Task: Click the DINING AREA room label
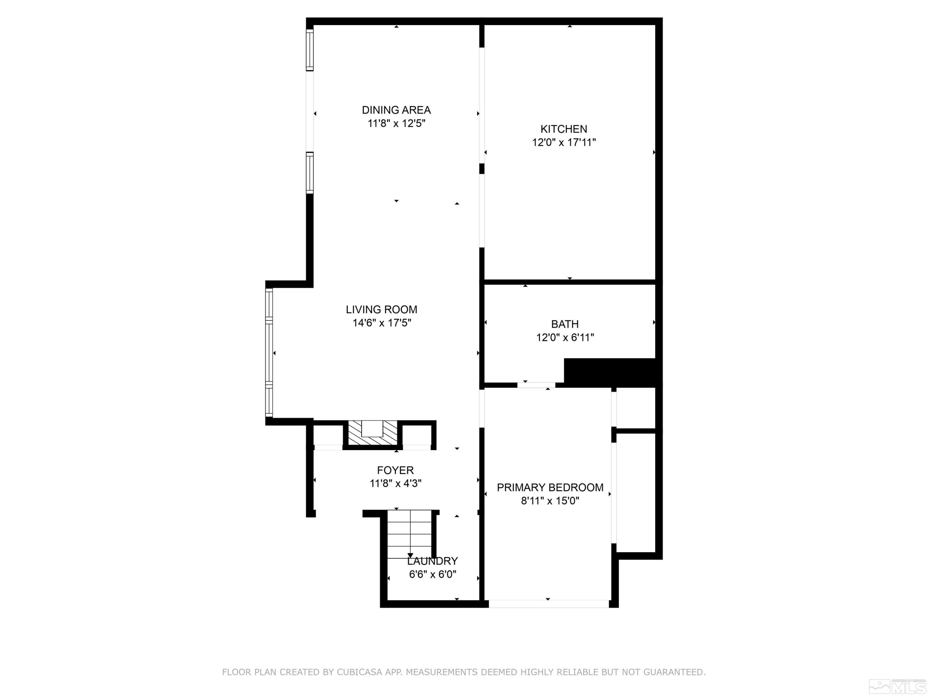pyautogui.click(x=396, y=110)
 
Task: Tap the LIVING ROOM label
pyautogui.click(x=381, y=310)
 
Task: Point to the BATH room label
pyautogui.click(x=565, y=324)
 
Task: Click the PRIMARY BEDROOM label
pyautogui.click(x=550, y=487)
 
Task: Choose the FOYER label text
pyautogui.click(x=395, y=470)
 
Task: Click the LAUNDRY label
pyautogui.click(x=432, y=561)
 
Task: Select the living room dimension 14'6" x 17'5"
pyautogui.click(x=381, y=323)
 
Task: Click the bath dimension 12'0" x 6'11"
pyautogui.click(x=565, y=337)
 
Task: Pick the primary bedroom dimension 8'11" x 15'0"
pyautogui.click(x=550, y=501)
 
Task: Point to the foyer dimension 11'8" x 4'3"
pyautogui.click(x=395, y=483)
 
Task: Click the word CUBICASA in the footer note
pyautogui.click(x=359, y=672)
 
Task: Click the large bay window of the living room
pyautogui.click(x=269, y=352)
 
